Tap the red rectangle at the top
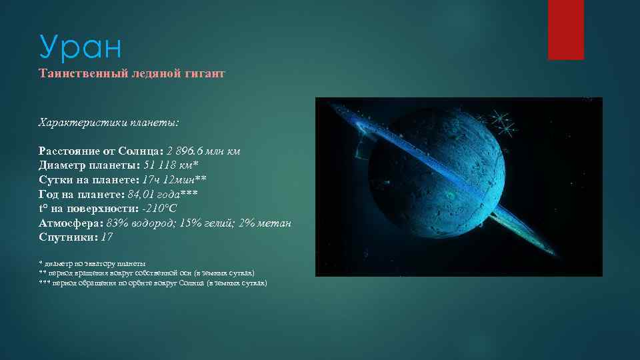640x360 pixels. pyautogui.click(x=565, y=29)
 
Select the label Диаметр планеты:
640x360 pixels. pyautogui.click(x=86, y=165)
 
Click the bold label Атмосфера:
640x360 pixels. pyautogui.click(x=70, y=223)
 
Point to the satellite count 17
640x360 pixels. pyautogui.click(x=107, y=237)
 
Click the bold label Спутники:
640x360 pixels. pyautogui.click(x=67, y=237)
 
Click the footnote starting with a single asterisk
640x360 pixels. pyautogui.click(x=93, y=263)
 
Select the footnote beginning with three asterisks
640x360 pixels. pyautogui.click(x=153, y=283)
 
